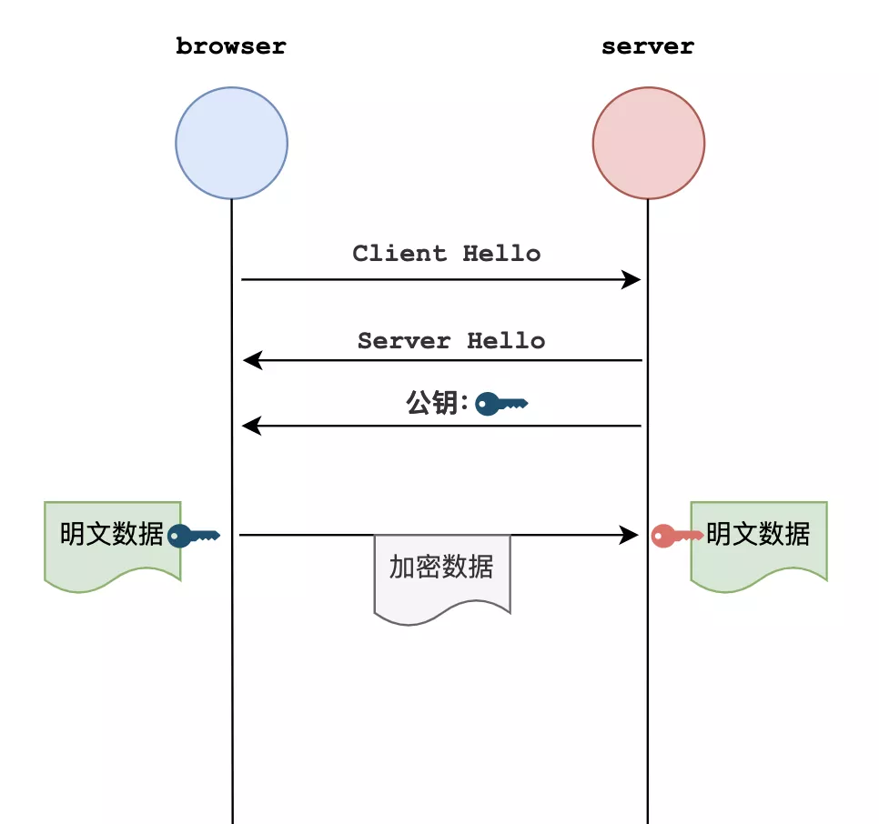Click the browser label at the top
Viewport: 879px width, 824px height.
(x=231, y=46)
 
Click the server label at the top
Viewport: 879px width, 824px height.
(x=648, y=47)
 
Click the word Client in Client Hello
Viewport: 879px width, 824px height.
(x=399, y=253)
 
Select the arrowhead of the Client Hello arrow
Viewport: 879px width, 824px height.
(x=631, y=279)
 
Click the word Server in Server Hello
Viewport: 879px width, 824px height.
(x=404, y=340)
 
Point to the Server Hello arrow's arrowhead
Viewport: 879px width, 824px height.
(x=253, y=360)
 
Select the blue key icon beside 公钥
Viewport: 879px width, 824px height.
(x=501, y=403)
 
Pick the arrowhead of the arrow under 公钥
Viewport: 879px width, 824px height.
(x=252, y=426)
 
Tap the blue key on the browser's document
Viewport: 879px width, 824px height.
(x=194, y=536)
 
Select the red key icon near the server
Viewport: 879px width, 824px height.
(x=677, y=536)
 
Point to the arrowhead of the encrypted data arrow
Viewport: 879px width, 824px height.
(x=629, y=535)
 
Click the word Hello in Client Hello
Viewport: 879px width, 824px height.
(x=501, y=253)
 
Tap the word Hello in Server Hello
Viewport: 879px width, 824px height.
(x=506, y=340)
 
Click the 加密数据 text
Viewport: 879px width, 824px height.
(x=441, y=567)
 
